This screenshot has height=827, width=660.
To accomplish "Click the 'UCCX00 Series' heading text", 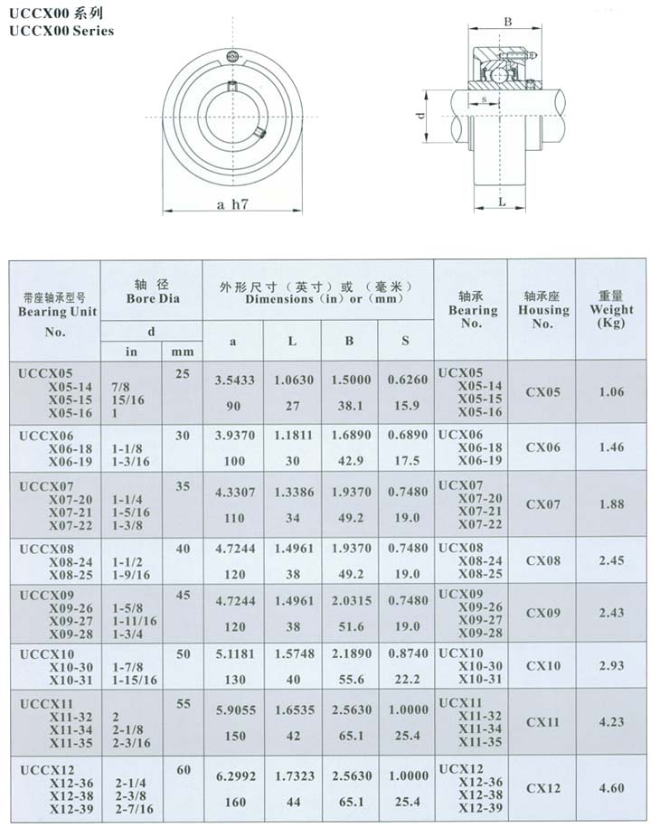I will click(x=61, y=31).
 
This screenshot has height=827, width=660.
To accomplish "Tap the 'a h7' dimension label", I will click(x=232, y=204).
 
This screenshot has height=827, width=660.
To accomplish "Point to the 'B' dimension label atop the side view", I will click(x=508, y=21).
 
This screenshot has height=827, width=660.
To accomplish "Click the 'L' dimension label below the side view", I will click(x=502, y=202).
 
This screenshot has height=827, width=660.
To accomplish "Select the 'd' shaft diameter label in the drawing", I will click(x=420, y=117).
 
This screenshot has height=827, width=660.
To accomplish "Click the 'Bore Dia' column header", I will click(x=151, y=296).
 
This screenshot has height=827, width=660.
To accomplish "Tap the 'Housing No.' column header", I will click(x=542, y=309).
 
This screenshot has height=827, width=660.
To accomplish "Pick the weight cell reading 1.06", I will click(x=611, y=392).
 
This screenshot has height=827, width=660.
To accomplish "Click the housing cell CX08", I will click(x=542, y=561).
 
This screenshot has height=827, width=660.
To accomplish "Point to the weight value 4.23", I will click(x=611, y=721).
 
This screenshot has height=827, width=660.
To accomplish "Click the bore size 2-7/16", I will click(x=134, y=809).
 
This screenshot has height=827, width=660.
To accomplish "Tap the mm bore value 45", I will click(x=183, y=594).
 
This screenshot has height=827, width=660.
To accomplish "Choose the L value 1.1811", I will click(x=292, y=435).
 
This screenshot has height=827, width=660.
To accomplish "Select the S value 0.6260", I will click(x=405, y=381).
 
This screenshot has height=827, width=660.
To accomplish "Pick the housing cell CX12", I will click(x=542, y=788).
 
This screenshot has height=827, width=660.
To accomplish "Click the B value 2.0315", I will click(x=350, y=601).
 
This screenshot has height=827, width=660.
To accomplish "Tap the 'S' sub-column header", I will click(x=405, y=341).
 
